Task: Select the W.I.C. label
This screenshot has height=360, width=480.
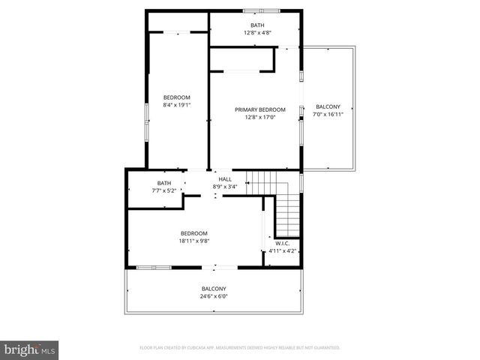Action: pos(282,244)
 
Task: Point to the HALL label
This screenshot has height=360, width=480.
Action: pos(225,179)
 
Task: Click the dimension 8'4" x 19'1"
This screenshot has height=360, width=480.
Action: pos(177,105)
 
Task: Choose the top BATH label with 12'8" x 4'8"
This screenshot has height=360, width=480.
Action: pos(257,25)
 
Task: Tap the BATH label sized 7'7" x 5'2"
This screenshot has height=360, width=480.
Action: pos(164,184)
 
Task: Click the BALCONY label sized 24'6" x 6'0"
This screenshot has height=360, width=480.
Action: pos(214,289)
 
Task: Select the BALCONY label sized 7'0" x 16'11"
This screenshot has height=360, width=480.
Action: pos(328,106)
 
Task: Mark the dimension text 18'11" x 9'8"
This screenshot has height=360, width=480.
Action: pos(193,241)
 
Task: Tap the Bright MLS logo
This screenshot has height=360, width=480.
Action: pos(29,349)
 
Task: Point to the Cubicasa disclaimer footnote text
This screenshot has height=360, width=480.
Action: pos(240,348)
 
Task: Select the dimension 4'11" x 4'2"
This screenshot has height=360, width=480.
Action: pos(282,251)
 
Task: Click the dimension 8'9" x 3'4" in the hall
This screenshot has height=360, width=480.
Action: pos(225,187)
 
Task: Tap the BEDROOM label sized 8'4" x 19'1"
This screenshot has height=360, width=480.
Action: pos(177,97)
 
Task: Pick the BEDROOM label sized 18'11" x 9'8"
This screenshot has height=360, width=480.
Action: pos(193,233)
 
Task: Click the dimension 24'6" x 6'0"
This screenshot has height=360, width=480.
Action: pos(214,296)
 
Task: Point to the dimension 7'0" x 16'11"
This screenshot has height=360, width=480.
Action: pos(328,114)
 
